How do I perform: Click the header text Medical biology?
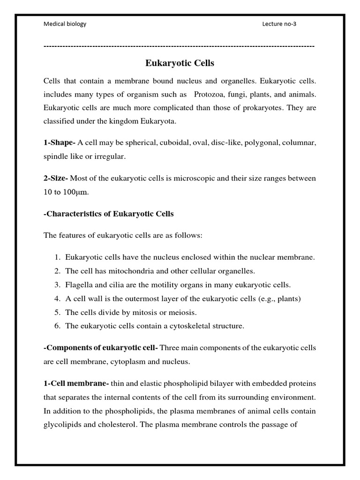pos(65,24)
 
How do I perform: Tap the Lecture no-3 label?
pos(279,24)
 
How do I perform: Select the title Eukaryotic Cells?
pos(180,63)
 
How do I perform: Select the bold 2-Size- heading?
pos(56,179)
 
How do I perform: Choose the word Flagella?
pos(78,285)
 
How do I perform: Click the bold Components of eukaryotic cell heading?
pos(101,348)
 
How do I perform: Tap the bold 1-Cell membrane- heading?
pos(75,383)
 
